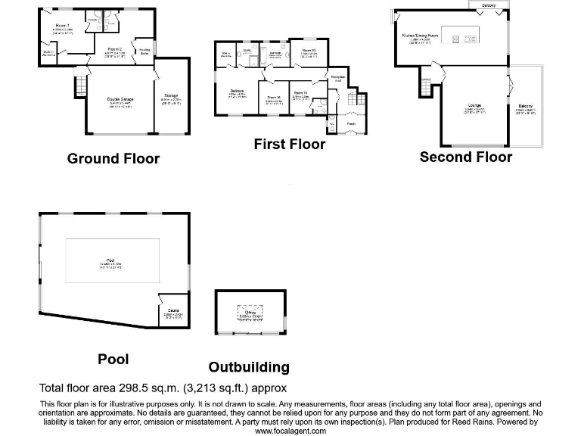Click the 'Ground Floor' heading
tap(113, 158)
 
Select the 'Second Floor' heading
tap(466, 157)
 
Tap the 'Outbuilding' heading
tap(249, 367)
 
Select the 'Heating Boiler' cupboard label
tap(144, 52)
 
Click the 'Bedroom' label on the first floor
tap(237, 91)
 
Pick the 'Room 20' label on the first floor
tap(307, 51)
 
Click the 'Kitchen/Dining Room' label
tap(420, 36)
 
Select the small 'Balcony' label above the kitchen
tap(489, 5)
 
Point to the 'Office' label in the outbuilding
tap(248, 311)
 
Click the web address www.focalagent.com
tap(290, 431)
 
